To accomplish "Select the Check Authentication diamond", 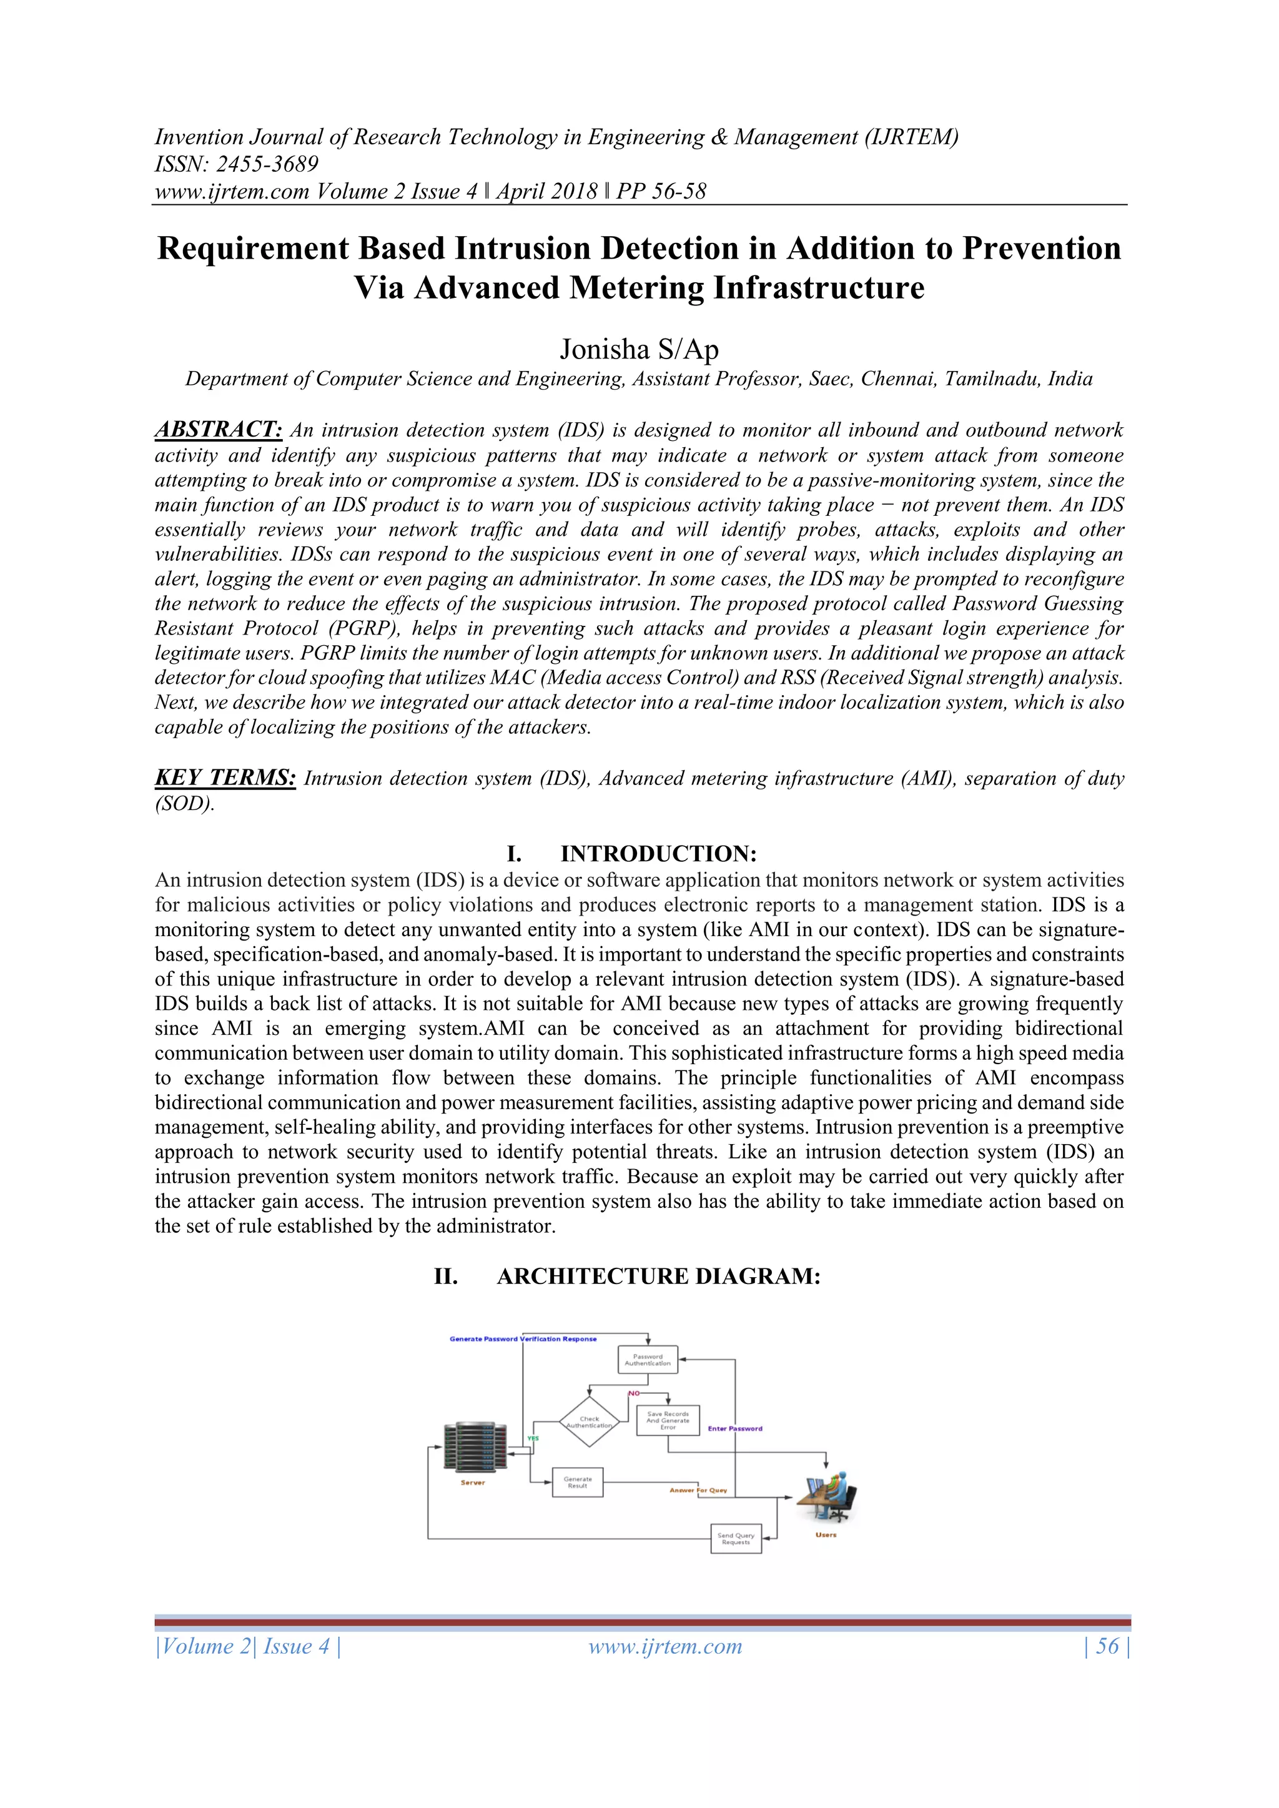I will (589, 1422).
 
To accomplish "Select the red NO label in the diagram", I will (634, 1393).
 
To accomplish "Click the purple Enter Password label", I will (735, 1428).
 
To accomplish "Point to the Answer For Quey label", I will (698, 1490).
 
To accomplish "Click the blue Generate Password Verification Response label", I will (523, 1339).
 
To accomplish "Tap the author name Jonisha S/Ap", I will (639, 349).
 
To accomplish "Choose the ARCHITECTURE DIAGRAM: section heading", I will (658, 1277).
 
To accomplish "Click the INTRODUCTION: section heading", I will (658, 854).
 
